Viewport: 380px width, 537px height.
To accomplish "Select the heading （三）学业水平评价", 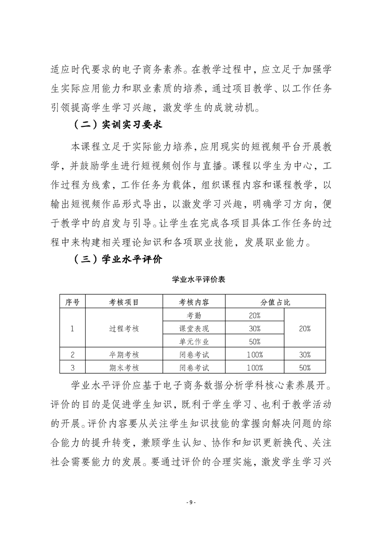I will [x=118, y=260].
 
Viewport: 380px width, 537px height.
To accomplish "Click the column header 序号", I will [x=72, y=302].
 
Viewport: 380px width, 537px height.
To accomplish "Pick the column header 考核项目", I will [x=124, y=302].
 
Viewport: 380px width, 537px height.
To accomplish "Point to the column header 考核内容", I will [x=194, y=302].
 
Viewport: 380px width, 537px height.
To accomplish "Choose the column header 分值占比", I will [x=276, y=302].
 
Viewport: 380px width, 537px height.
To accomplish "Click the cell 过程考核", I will [x=124, y=328].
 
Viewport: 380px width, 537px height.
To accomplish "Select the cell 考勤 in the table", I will [x=194, y=315].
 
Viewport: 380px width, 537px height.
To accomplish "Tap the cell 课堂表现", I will [x=194, y=328].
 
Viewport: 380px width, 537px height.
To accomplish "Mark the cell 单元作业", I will [x=194, y=341].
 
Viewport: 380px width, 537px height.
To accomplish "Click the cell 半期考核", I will [x=124, y=355].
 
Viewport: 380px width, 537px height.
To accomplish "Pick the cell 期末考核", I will [x=124, y=368].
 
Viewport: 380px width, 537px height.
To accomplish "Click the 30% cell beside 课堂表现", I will [x=254, y=328].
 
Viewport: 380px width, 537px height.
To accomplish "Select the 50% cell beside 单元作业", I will [x=254, y=341].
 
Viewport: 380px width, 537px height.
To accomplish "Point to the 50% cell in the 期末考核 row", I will [x=305, y=368].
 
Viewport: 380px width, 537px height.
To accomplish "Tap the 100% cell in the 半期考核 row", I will [x=254, y=355].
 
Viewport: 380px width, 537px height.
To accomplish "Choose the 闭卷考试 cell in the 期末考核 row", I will [x=194, y=368].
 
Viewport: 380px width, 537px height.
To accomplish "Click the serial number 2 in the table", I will [x=72, y=355].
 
